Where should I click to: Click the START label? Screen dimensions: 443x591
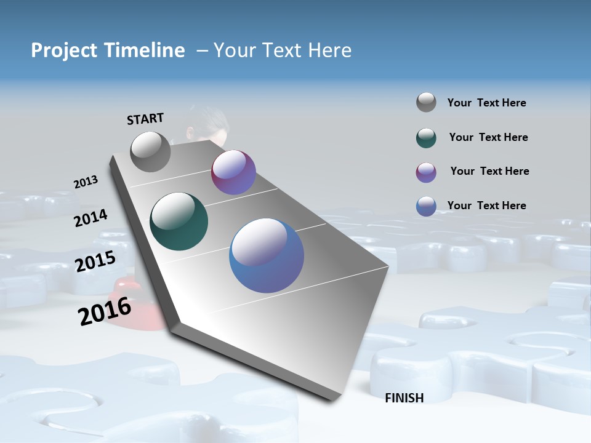[145, 119]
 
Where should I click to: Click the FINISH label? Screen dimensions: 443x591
[404, 398]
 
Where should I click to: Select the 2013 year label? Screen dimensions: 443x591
[86, 182]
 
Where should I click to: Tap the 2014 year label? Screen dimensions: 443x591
[90, 218]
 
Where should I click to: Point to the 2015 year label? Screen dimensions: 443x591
[95, 261]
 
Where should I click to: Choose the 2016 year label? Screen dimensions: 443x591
[105, 311]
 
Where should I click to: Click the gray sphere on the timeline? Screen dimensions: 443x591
[150, 151]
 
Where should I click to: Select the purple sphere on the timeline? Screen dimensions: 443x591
[233, 172]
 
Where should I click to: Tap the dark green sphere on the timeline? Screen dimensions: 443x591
[179, 221]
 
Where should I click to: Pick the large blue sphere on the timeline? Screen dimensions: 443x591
[267, 255]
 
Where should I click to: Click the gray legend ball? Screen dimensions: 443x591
[426, 102]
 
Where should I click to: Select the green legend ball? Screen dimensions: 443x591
[426, 138]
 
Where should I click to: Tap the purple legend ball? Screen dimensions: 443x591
[426, 172]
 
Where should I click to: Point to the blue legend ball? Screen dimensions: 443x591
[426, 206]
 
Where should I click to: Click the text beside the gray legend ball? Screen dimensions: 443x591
[486, 103]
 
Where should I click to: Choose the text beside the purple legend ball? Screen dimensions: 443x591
[489, 171]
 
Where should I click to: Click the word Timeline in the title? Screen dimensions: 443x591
[145, 50]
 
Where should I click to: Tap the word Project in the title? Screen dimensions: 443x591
[63, 50]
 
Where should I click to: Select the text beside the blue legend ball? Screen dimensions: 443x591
[486, 206]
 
